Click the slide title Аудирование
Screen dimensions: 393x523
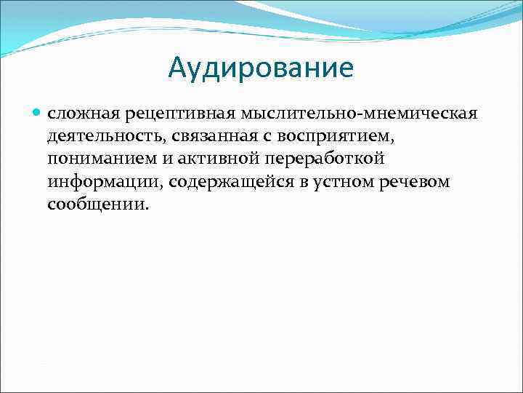(x=261, y=68)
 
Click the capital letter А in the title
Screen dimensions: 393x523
(x=179, y=68)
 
